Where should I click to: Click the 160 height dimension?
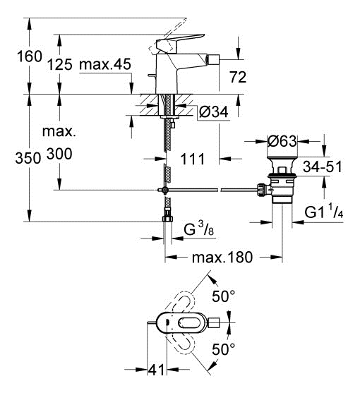click(x=30, y=56)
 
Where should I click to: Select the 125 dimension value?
click(x=60, y=64)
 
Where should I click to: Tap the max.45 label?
click(x=105, y=64)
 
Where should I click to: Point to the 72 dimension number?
click(x=238, y=77)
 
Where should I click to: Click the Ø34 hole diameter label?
click(x=214, y=111)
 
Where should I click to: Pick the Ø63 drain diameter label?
click(x=282, y=141)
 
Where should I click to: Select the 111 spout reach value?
click(x=192, y=159)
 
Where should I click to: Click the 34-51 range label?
click(x=322, y=167)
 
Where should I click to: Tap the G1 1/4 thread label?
click(x=324, y=212)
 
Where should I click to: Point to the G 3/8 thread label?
click(x=199, y=229)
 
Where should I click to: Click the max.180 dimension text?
click(x=222, y=257)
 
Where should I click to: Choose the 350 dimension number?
click(x=28, y=159)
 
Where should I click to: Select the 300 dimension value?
click(x=59, y=154)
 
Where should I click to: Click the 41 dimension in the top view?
click(x=156, y=369)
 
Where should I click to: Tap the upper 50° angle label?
click(x=224, y=296)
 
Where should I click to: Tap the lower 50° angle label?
click(x=224, y=349)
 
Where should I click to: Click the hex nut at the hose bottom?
click(x=167, y=218)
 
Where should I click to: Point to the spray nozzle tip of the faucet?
click(x=214, y=59)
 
